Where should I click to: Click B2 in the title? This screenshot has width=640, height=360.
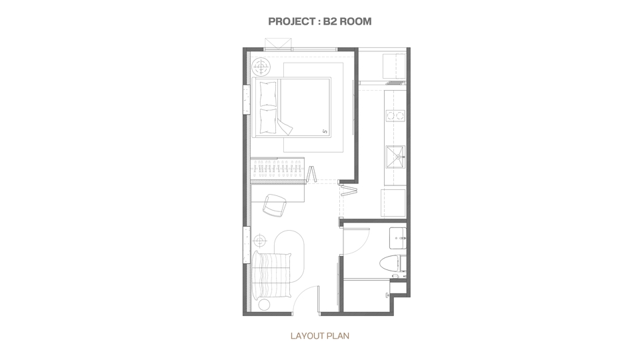coord(330,21)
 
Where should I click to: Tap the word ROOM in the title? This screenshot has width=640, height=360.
coord(355,21)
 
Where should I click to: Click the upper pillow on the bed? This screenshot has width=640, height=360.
coord(268,93)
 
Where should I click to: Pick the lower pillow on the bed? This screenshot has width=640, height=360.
coord(268,121)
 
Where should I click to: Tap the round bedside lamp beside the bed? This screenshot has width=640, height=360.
coord(261,66)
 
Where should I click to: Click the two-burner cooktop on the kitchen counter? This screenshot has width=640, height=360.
coord(395,115)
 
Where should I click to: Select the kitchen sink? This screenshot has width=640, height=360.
coord(395,157)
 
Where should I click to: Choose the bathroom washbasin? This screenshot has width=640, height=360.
coord(397,238)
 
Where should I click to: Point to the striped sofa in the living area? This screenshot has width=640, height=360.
coord(272,276)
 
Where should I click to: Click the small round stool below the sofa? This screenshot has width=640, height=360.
coord(264,305)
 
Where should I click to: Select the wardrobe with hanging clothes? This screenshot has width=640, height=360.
coord(277,169)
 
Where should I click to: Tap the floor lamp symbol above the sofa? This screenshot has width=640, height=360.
coord(259,240)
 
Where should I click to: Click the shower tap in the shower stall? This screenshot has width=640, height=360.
coord(387,295)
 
